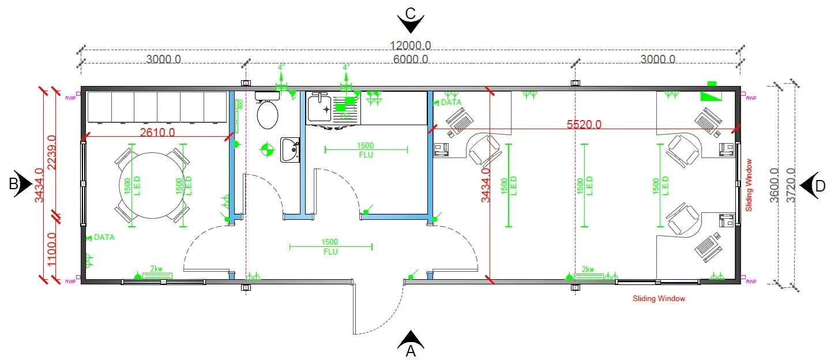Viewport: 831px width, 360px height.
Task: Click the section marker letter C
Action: (x=411, y=13)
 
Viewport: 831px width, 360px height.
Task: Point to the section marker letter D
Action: (x=819, y=186)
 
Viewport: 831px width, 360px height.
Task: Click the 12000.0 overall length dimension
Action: (x=410, y=46)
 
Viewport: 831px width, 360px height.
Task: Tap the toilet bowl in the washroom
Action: (x=268, y=114)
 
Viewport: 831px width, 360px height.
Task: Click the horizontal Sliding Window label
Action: (x=659, y=299)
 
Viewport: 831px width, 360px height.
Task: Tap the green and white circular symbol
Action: (x=266, y=150)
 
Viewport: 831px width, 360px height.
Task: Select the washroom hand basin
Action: (x=289, y=150)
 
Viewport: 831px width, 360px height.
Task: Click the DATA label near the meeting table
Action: (x=104, y=237)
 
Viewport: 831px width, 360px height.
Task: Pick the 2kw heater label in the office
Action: (x=588, y=269)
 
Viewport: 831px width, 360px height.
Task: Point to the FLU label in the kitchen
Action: (x=366, y=155)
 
